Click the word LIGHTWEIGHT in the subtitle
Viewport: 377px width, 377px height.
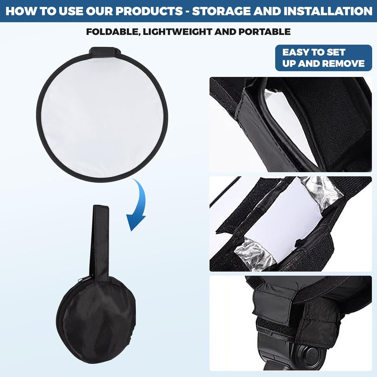178,32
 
